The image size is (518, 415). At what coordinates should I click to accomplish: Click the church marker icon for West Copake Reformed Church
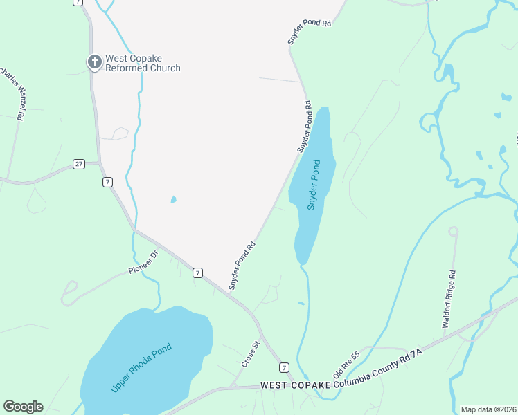pos(95,62)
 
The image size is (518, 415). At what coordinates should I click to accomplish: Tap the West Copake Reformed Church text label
pos(143,63)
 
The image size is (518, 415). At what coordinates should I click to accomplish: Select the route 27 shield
pos(78,164)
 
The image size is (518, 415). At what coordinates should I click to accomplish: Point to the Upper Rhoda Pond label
pos(141,368)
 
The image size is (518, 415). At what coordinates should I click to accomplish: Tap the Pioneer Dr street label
pos(143,263)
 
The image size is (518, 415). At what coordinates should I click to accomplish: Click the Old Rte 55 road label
pos(346,365)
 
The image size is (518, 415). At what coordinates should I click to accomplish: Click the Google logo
pos(23,407)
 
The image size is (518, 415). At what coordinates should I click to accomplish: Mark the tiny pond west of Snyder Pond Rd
pos(172,200)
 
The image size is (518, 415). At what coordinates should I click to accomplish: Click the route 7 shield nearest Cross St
pos(284,367)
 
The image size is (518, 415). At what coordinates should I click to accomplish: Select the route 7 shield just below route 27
pos(107,182)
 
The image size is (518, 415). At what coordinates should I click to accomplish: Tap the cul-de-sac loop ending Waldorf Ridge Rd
pos(454,231)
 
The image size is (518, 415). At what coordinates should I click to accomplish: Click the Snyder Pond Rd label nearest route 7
pos(243,265)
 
